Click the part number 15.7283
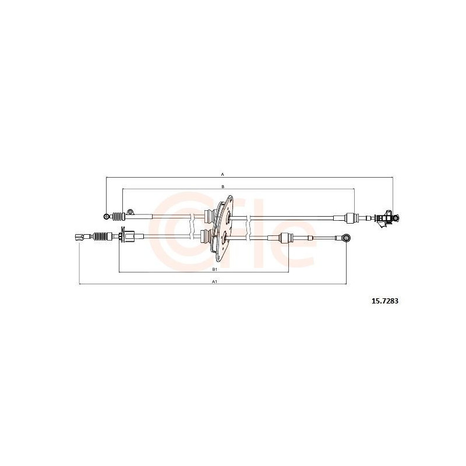[x=384, y=301]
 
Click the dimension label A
[x=223, y=174]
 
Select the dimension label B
[x=223, y=186]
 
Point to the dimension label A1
[x=213, y=281]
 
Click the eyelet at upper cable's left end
[x=106, y=216]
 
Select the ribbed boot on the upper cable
[x=118, y=217]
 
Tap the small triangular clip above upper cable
[x=130, y=211]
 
